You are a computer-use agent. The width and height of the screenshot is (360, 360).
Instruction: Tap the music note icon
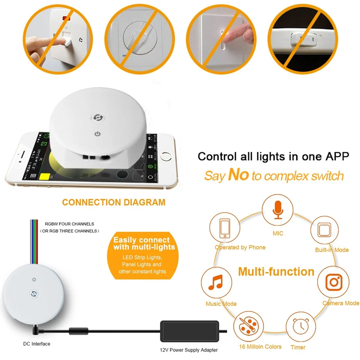216,282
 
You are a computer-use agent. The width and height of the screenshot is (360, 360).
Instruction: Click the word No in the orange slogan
238,175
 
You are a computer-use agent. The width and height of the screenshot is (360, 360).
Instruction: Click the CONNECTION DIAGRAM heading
114,202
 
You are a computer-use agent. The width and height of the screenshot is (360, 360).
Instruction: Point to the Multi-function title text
276,271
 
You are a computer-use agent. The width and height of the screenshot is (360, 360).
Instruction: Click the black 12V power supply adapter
189,330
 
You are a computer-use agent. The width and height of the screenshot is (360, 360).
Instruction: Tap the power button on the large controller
98,133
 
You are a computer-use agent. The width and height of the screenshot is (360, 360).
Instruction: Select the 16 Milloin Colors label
260,346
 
